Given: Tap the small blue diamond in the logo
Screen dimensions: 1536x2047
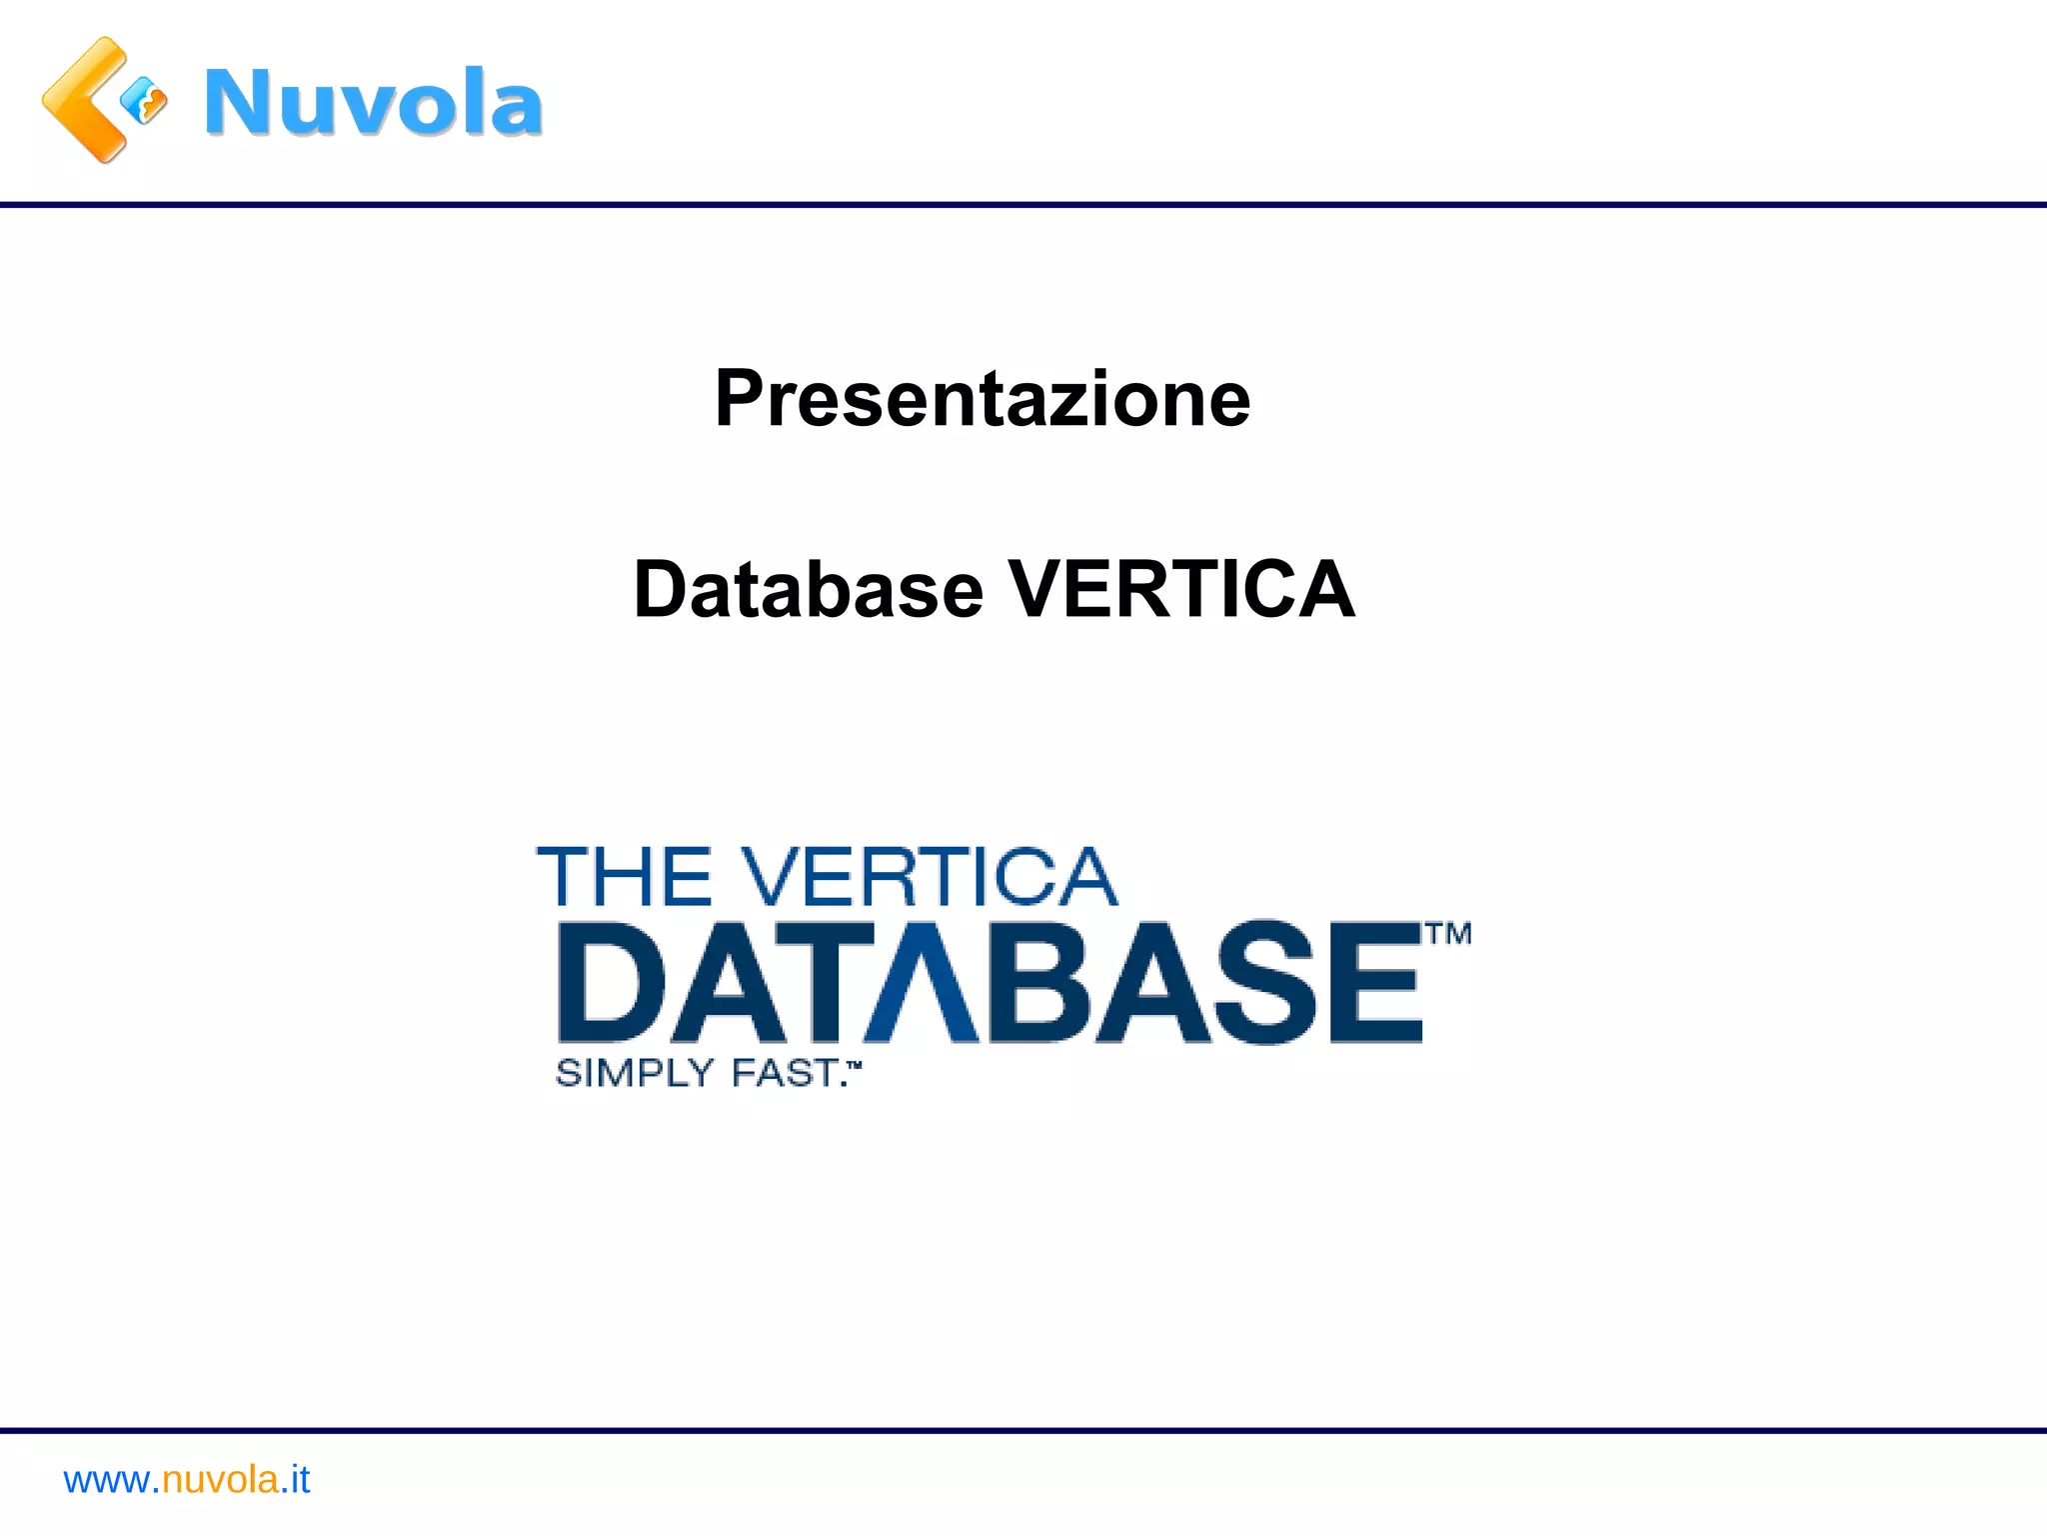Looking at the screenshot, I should click(144, 101).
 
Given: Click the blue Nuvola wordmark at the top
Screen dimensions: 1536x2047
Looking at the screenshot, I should click(373, 102).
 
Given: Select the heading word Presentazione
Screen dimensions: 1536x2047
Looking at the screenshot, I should click(983, 398).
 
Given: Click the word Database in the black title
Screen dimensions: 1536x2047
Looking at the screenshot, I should click(809, 589).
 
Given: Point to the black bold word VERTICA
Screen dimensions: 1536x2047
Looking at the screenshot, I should click(1181, 589).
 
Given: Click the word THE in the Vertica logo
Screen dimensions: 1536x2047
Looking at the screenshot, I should click(625, 877).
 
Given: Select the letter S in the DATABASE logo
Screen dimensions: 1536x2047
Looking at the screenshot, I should click(1266, 982).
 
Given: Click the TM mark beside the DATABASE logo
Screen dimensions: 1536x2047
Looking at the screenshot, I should click(1448, 935).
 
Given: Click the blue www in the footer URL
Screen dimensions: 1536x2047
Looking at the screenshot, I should click(106, 1480).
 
